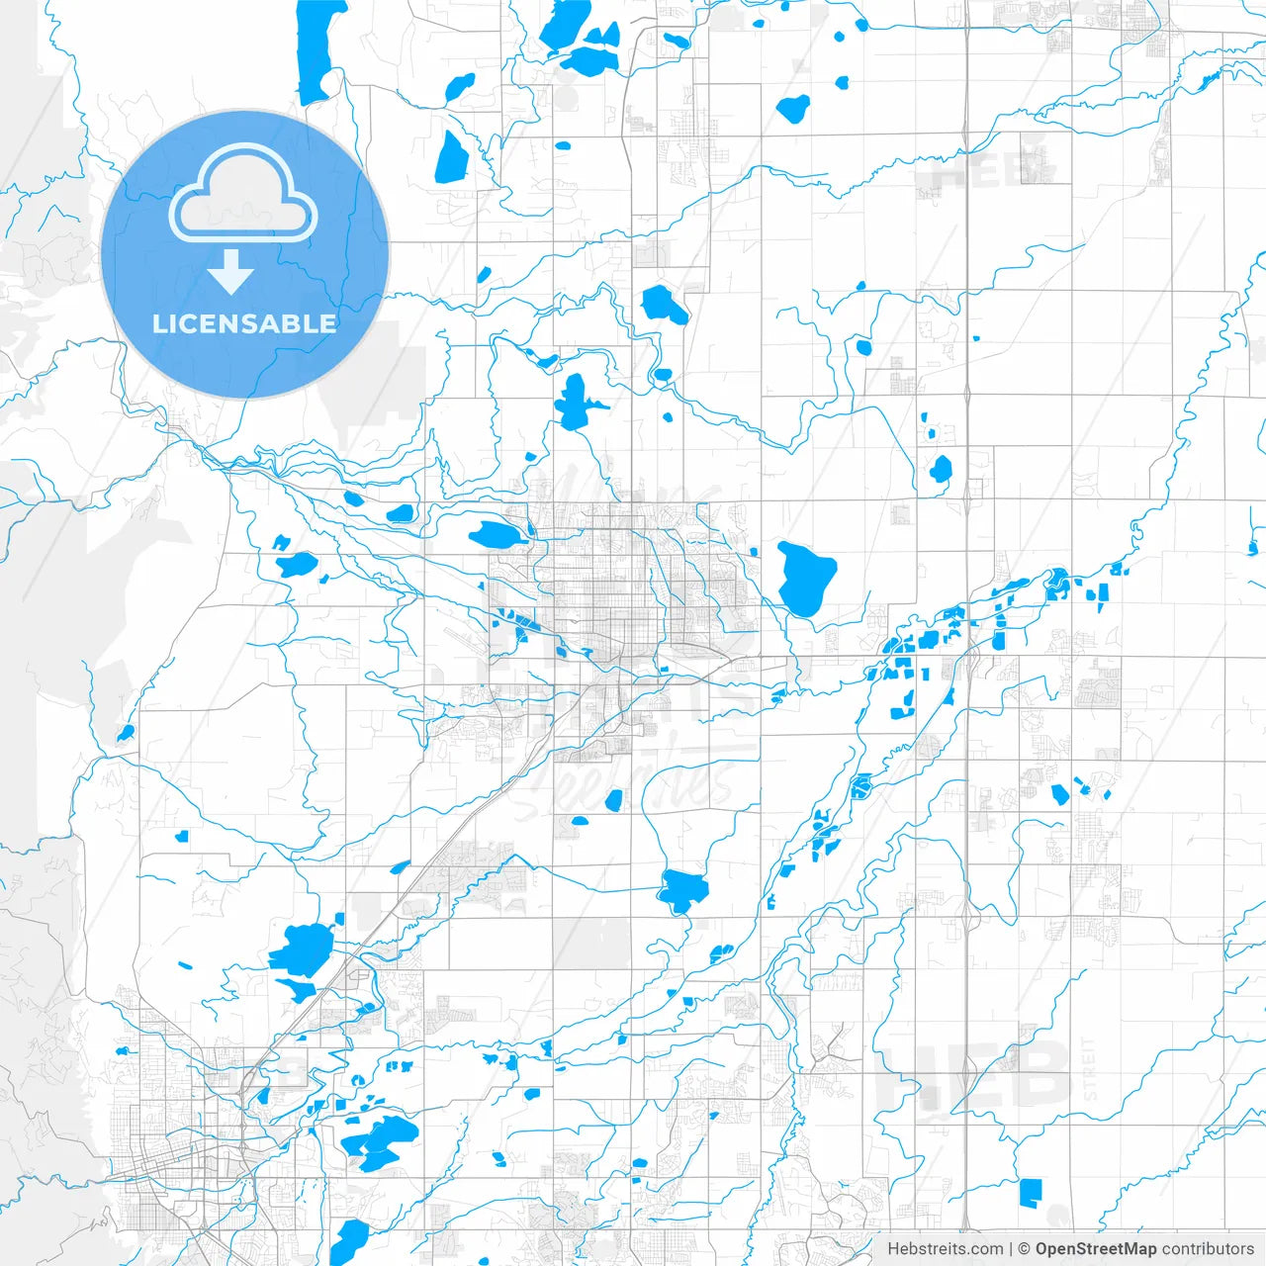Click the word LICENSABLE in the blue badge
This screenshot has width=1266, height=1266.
tap(244, 323)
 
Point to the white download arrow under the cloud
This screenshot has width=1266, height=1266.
tap(230, 272)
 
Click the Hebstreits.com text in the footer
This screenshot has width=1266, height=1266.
tap(945, 1249)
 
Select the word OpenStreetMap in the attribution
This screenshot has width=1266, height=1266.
tap(1095, 1249)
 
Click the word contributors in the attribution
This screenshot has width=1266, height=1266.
tap(1208, 1249)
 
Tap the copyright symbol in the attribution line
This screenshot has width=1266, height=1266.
tap(1025, 1249)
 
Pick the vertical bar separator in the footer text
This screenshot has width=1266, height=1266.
tap(1011, 1249)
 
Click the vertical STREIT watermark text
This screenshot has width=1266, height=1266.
tap(1090, 1069)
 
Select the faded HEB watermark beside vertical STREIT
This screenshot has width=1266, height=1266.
tap(974, 1073)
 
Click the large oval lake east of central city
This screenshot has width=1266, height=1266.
tap(806, 579)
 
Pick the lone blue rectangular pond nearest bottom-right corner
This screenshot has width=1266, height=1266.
tap(1031, 1193)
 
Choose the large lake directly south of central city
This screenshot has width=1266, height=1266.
tap(681, 890)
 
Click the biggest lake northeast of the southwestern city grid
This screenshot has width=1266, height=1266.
tap(302, 950)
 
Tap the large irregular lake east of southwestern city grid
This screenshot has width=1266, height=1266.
tap(380, 1141)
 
